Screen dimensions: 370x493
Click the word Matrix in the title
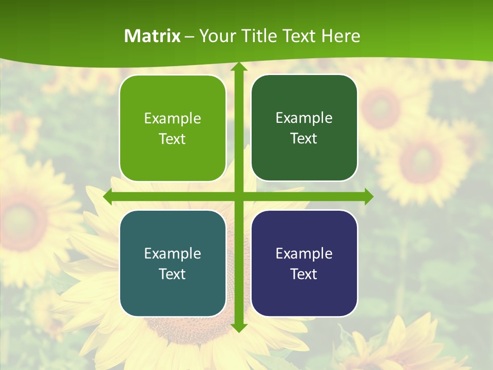[x=153, y=36]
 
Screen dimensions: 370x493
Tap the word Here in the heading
[x=340, y=36]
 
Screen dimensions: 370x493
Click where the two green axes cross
[x=238, y=197]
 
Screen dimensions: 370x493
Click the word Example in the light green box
[x=173, y=119]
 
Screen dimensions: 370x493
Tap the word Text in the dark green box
[x=304, y=139]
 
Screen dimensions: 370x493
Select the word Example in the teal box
[x=173, y=253]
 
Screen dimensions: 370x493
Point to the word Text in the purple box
[x=304, y=274]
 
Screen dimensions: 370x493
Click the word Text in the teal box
[x=173, y=274]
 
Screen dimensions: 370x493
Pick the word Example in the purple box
[x=304, y=253]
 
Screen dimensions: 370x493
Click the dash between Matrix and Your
[x=189, y=36]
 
